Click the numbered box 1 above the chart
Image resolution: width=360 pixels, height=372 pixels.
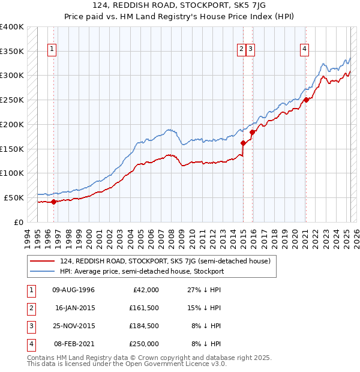(52, 49)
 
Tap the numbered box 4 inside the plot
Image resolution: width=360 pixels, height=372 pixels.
(305, 49)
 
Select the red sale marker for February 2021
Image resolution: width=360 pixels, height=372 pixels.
(306, 100)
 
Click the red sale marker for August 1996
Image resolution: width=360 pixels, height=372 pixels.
(53, 202)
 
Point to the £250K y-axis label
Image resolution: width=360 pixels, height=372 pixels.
(12, 100)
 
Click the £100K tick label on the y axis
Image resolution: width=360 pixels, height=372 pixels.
(12, 173)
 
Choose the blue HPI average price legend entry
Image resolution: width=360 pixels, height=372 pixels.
(142, 271)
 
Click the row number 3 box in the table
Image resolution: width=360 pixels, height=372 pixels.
(31, 326)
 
